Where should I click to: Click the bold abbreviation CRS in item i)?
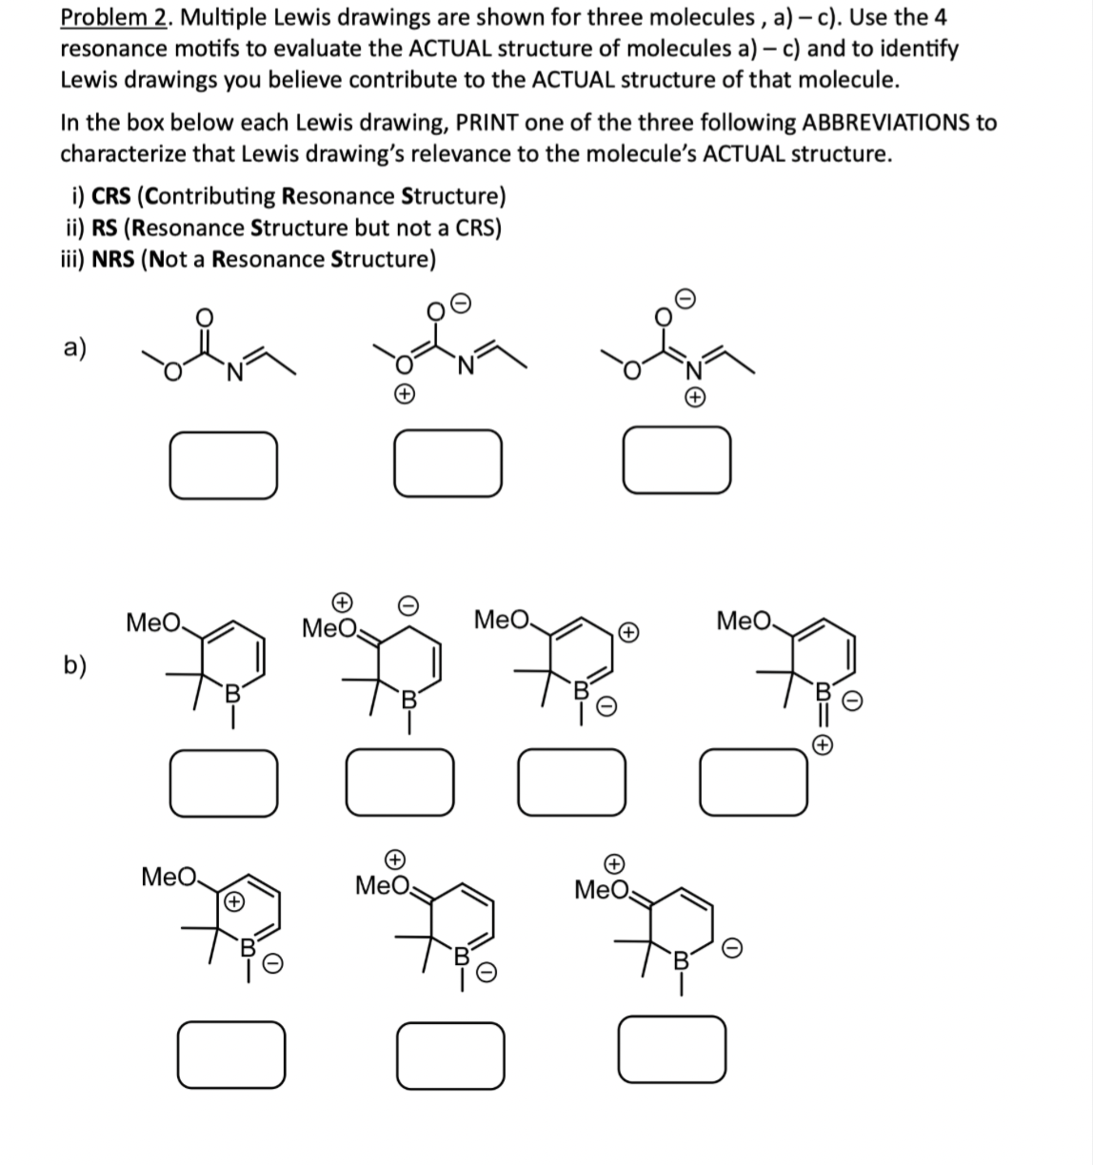(x=112, y=196)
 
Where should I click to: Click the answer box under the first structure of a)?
(x=224, y=464)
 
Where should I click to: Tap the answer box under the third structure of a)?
(x=677, y=462)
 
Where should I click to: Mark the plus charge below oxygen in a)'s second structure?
(x=404, y=393)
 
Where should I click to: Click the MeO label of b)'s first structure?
(x=153, y=623)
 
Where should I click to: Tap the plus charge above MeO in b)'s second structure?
(x=342, y=602)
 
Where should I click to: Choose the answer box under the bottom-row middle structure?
(x=449, y=1055)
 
